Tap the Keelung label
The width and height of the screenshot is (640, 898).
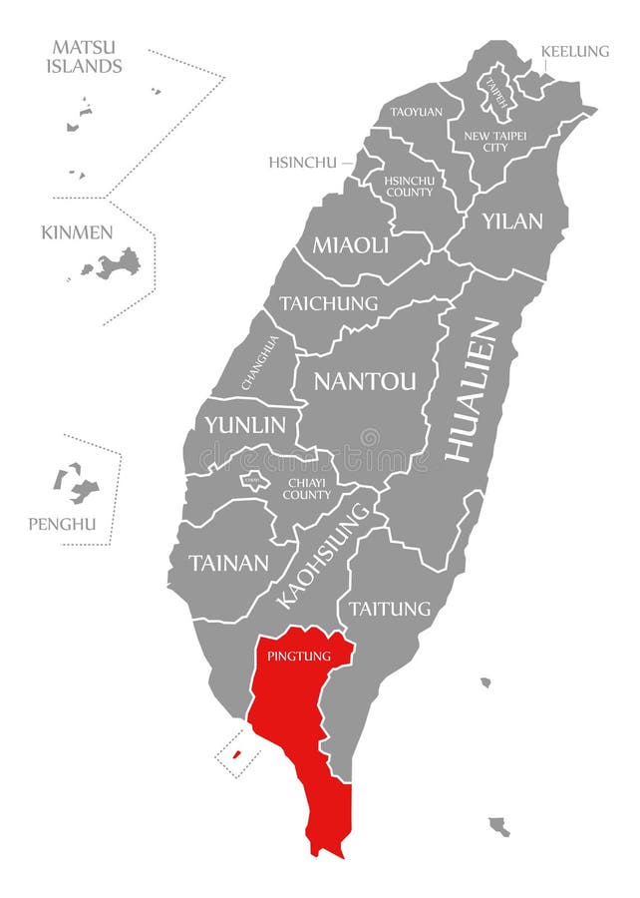point(574,51)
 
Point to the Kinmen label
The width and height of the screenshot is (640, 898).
point(77,232)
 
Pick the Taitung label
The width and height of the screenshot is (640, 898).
point(390,608)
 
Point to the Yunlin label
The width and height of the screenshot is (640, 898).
point(245,425)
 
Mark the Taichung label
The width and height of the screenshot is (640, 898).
point(328,303)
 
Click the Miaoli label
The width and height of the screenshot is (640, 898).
point(351,245)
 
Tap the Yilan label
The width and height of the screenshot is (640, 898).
point(512,222)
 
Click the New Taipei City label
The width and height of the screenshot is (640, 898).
point(495,141)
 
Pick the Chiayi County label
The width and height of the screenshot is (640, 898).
point(306,489)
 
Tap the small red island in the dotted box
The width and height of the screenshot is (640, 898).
point(236,755)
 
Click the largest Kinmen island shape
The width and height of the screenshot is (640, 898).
point(120,263)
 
